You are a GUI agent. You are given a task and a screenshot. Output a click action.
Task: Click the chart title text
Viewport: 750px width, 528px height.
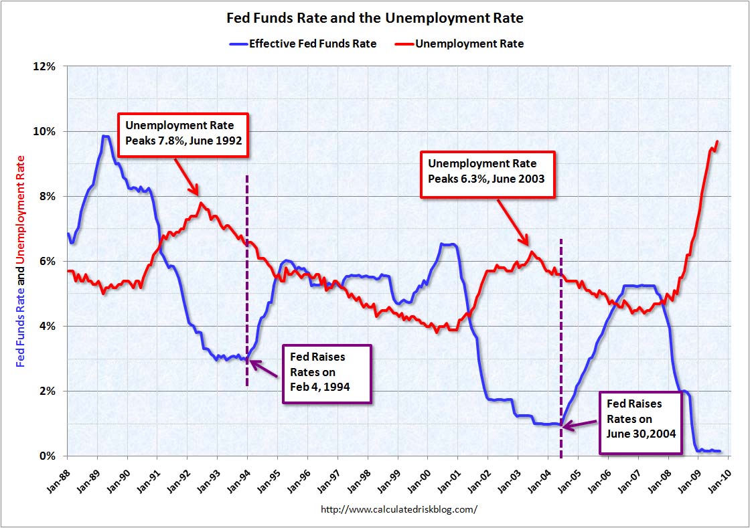coord(375,18)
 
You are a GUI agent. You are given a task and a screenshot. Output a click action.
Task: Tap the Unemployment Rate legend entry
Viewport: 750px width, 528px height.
coord(469,43)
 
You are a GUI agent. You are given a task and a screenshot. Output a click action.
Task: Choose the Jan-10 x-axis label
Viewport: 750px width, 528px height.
coord(718,477)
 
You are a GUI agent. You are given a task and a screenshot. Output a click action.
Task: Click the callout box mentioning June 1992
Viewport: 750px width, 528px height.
coord(183,135)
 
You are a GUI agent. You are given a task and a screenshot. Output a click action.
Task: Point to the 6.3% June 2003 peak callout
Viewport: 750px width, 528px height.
coord(487,174)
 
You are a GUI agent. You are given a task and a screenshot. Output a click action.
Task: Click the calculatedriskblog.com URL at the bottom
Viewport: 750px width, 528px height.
coord(399,509)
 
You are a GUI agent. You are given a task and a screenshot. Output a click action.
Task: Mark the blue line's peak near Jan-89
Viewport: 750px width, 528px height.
coord(104,137)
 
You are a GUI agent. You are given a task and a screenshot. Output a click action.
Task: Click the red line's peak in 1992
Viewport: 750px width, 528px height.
coord(201,203)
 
